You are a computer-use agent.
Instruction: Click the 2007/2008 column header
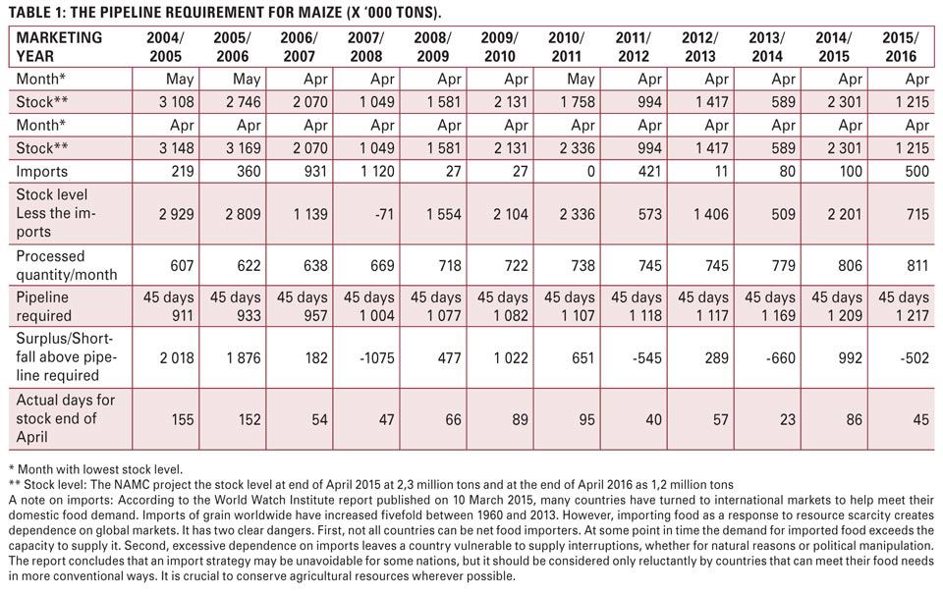365,47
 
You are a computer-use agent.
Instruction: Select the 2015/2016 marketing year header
900,47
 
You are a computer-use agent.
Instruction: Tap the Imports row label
42,172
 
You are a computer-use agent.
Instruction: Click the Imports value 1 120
377,172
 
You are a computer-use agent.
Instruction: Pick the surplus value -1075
376,357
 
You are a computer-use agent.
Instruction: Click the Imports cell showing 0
590,172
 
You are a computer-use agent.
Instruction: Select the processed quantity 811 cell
917,265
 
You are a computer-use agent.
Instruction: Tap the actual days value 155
183,419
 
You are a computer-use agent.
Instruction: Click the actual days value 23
787,419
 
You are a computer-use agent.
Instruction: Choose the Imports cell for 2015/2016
917,172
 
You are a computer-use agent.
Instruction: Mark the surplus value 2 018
177,357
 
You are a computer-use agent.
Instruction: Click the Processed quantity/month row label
67,265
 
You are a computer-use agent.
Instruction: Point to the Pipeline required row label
44,306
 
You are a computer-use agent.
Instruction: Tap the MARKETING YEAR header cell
59,47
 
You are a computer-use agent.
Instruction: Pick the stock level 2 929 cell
177,214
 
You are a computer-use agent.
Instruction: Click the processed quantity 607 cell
183,265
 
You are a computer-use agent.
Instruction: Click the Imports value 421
649,172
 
